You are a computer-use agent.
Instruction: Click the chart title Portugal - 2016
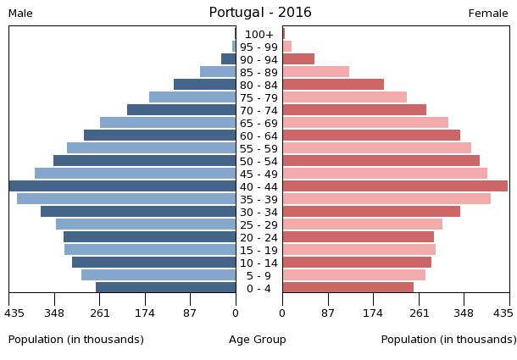point(260,13)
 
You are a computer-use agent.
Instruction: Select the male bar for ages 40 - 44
point(123,186)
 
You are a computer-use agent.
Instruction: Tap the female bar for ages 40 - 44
point(395,186)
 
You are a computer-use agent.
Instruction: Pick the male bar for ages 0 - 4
point(166,288)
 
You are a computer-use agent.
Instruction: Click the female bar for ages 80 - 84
point(333,85)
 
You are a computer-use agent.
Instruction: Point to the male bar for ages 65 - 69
point(168,123)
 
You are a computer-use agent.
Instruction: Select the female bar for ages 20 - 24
point(358,237)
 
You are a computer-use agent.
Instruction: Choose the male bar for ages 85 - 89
point(218,72)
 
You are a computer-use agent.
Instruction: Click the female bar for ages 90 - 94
point(298,59)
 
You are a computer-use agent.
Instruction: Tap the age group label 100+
point(258,34)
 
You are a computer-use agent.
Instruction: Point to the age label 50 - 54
point(258,161)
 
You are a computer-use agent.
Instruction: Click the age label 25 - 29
point(258,224)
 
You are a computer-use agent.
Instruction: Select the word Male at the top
point(20,14)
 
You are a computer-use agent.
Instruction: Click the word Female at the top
point(488,14)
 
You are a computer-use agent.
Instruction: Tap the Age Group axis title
point(258,340)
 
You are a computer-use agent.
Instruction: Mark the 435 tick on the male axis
point(14,313)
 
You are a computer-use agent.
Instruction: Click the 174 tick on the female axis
point(373,313)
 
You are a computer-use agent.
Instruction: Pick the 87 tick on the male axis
point(190,313)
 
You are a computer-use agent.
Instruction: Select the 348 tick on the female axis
point(464,313)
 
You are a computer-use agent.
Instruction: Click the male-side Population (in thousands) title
point(76,340)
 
